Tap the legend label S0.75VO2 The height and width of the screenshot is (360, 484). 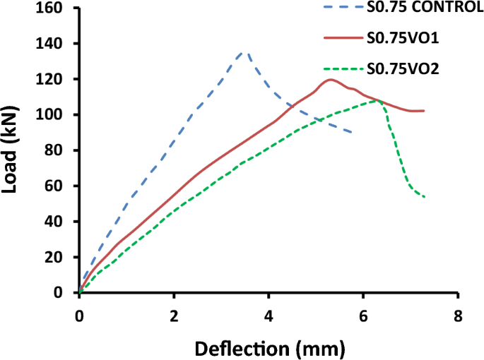[x=400, y=68]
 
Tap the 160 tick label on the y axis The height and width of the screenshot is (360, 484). [x=53, y=8]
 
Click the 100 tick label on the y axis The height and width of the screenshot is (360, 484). [x=53, y=115]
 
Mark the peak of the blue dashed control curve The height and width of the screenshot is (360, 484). [x=243, y=52]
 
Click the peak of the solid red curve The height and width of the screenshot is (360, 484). [x=330, y=79]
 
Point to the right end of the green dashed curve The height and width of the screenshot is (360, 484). [x=425, y=197]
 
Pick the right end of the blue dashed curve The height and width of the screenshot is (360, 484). [x=353, y=133]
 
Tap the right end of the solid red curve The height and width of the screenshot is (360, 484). [x=424, y=111]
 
